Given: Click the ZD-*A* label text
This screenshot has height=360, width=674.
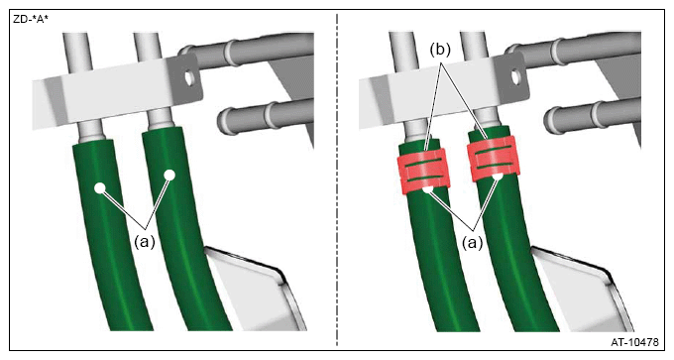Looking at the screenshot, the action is (x=31, y=19).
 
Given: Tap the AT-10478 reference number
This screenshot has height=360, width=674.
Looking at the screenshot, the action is (x=634, y=342).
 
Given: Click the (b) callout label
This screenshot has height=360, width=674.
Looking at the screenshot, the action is (x=440, y=50).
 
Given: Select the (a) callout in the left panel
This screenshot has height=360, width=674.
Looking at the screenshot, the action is (x=145, y=242).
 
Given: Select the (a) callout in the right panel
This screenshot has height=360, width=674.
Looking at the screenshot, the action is (x=473, y=243).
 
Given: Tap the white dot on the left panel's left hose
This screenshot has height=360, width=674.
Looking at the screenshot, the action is (x=100, y=188).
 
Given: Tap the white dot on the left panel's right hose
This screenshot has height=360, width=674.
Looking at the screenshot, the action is (x=169, y=175).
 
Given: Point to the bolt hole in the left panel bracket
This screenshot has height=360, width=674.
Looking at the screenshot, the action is (x=188, y=77).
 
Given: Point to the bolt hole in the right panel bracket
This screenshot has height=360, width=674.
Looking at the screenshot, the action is (x=515, y=76).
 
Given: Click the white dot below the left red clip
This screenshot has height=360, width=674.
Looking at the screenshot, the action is (x=428, y=189).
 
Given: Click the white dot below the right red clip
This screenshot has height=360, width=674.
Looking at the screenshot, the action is (x=498, y=177).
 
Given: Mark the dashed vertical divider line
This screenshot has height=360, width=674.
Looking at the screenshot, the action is (x=337, y=180).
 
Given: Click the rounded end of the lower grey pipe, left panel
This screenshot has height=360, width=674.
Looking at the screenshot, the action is (x=224, y=120).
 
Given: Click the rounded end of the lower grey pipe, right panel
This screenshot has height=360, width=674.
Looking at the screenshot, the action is (x=551, y=120).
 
